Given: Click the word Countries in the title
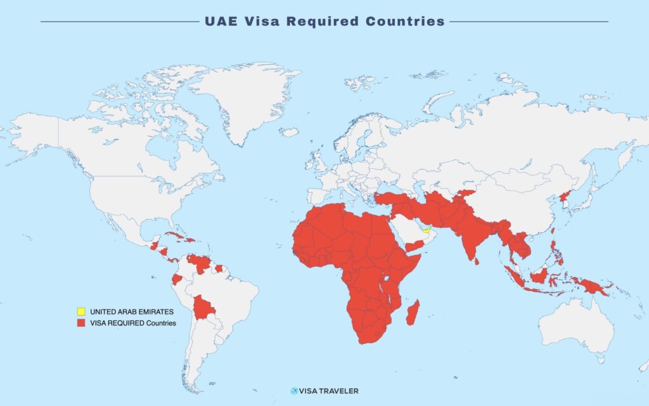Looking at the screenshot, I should (405, 21).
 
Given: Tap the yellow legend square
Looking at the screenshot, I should (80, 312).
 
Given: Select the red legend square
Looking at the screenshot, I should (80, 323).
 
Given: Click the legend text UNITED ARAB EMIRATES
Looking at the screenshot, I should (131, 312).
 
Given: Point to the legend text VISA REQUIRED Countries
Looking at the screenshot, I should (133, 323).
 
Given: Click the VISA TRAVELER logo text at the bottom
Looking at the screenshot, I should (329, 391).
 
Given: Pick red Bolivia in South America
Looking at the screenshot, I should (204, 308).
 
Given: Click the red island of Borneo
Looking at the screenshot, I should (539, 275).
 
